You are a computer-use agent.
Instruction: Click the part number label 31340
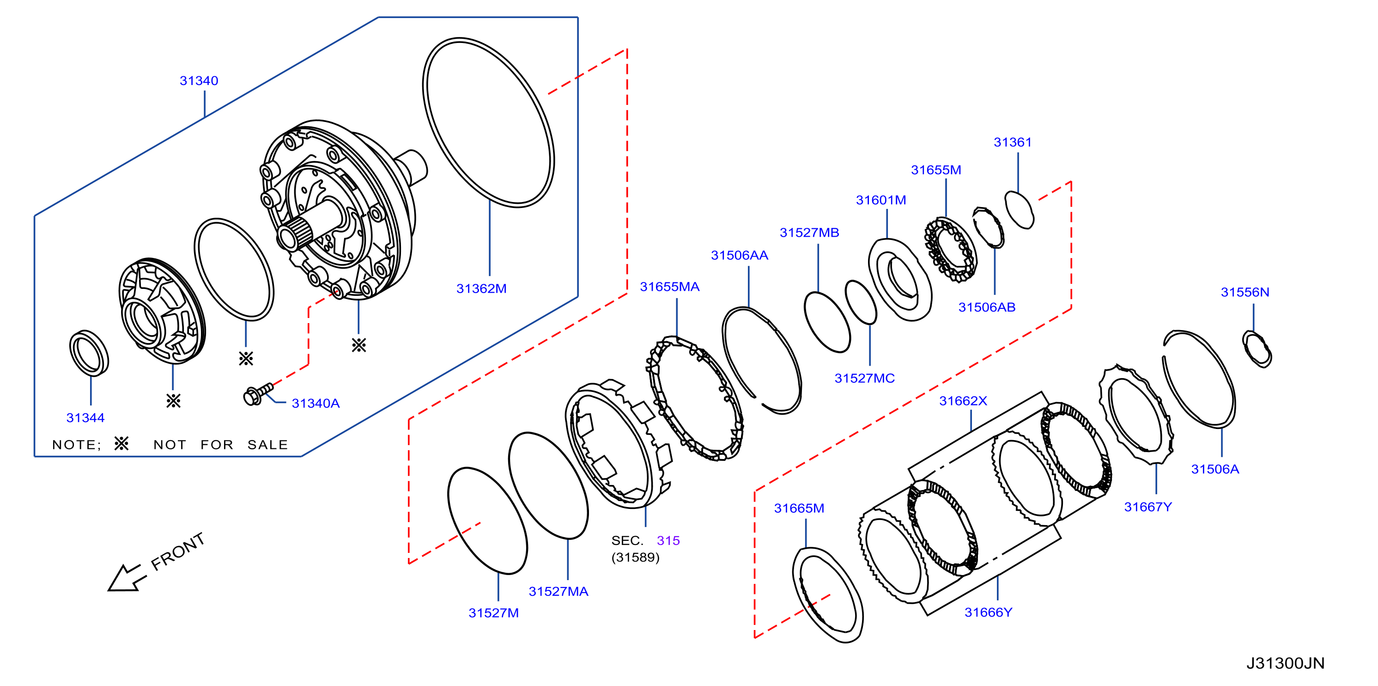tap(199, 81)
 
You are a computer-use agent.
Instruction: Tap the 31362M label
tap(481, 288)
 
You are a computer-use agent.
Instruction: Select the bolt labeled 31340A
tap(258, 394)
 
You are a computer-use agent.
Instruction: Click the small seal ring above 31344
tap(89, 353)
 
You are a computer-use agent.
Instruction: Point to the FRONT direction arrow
tap(127, 578)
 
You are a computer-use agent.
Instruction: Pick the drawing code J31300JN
tap(1285, 663)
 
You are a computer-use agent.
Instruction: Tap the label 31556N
tap(1245, 292)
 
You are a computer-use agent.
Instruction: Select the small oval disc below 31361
tap(1019, 209)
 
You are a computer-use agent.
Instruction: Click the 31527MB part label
tap(809, 233)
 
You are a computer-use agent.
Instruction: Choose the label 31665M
tap(799, 508)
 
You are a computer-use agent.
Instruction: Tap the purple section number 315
tap(668, 540)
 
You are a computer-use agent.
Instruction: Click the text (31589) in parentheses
tap(635, 557)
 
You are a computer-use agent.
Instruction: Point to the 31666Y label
tap(988, 612)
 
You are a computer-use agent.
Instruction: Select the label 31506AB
tap(986, 307)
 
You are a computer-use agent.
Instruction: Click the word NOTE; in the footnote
tap(77, 445)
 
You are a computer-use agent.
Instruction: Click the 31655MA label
tap(669, 287)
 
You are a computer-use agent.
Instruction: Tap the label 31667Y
tap(1147, 507)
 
